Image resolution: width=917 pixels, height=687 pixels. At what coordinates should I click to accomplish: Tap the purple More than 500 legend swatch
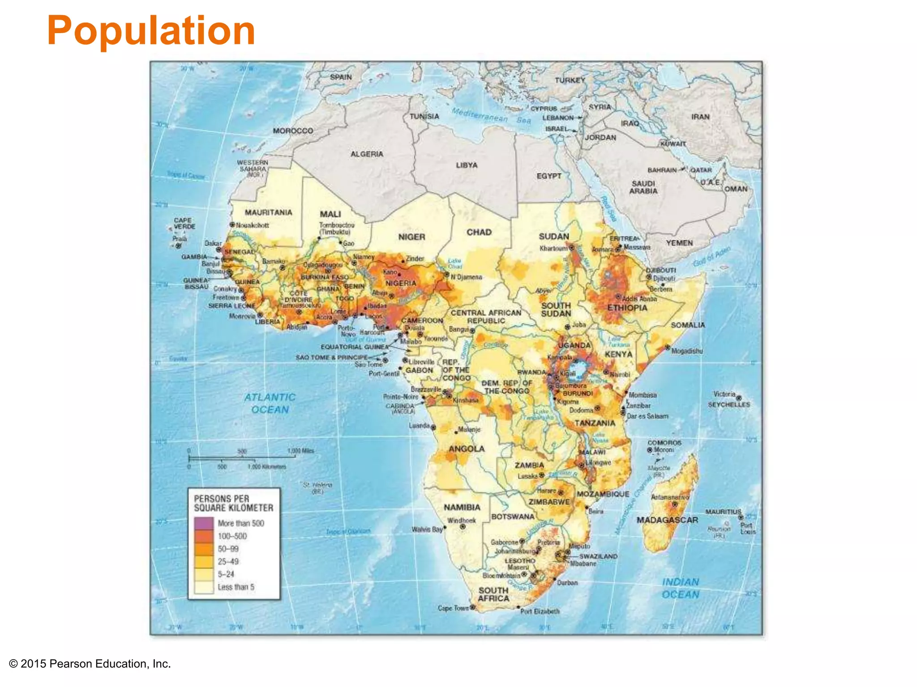[203, 523]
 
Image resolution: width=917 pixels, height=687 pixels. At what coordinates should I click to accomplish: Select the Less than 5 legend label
[236, 587]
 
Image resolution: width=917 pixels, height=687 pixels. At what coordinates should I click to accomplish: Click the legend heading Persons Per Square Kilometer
[233, 503]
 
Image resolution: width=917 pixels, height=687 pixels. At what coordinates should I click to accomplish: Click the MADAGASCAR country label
[667, 520]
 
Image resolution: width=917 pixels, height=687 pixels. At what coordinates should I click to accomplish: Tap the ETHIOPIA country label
[627, 308]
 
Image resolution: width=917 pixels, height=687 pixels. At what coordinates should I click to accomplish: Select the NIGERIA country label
[401, 283]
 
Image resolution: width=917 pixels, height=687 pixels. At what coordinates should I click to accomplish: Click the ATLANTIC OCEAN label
[270, 403]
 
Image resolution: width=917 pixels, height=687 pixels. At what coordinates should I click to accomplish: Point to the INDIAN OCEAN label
[680, 588]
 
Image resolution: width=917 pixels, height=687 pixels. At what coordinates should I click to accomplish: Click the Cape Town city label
[453, 608]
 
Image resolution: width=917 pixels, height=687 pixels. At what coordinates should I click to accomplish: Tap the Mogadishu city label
[687, 351]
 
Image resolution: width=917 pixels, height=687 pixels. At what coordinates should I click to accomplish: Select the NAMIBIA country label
[462, 507]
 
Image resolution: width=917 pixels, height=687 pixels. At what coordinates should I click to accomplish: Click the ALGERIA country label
[367, 154]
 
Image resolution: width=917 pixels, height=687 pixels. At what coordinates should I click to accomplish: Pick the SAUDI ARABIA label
[643, 187]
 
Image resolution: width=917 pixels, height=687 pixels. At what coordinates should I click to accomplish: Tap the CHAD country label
[479, 232]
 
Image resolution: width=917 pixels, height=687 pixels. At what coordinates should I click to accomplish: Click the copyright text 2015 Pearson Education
[90, 664]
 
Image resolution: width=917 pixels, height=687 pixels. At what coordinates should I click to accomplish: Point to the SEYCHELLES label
[728, 404]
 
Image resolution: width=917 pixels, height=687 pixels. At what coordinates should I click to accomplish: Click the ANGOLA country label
[466, 449]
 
